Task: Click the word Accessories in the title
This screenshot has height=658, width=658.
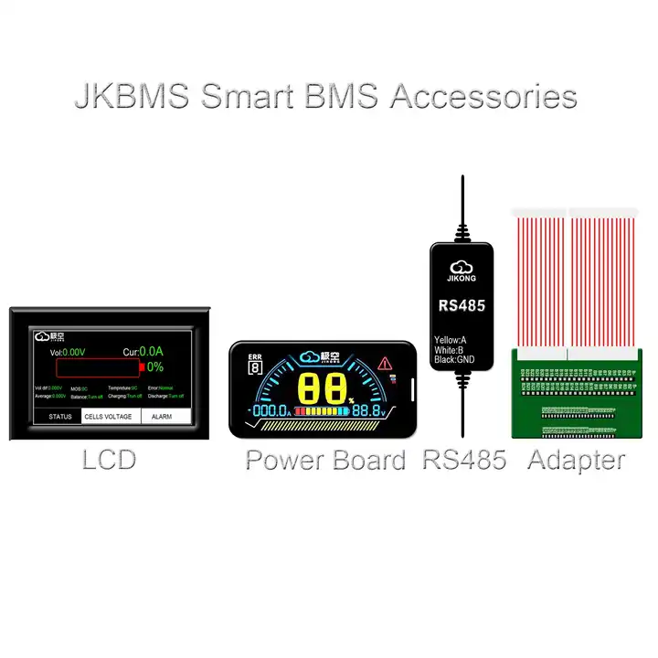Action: coord(484,96)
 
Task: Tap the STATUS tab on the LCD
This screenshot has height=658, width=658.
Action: coord(60,417)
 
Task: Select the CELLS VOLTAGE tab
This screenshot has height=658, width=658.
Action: coord(108,417)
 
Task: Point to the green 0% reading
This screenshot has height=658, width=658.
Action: coord(154,367)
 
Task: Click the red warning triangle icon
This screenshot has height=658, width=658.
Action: coord(386,363)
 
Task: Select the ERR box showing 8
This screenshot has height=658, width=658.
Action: coord(254,366)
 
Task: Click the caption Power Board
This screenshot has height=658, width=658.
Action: coord(325,460)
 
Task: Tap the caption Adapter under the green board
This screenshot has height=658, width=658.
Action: coord(577,460)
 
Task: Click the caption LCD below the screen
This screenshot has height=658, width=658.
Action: coord(109,459)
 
